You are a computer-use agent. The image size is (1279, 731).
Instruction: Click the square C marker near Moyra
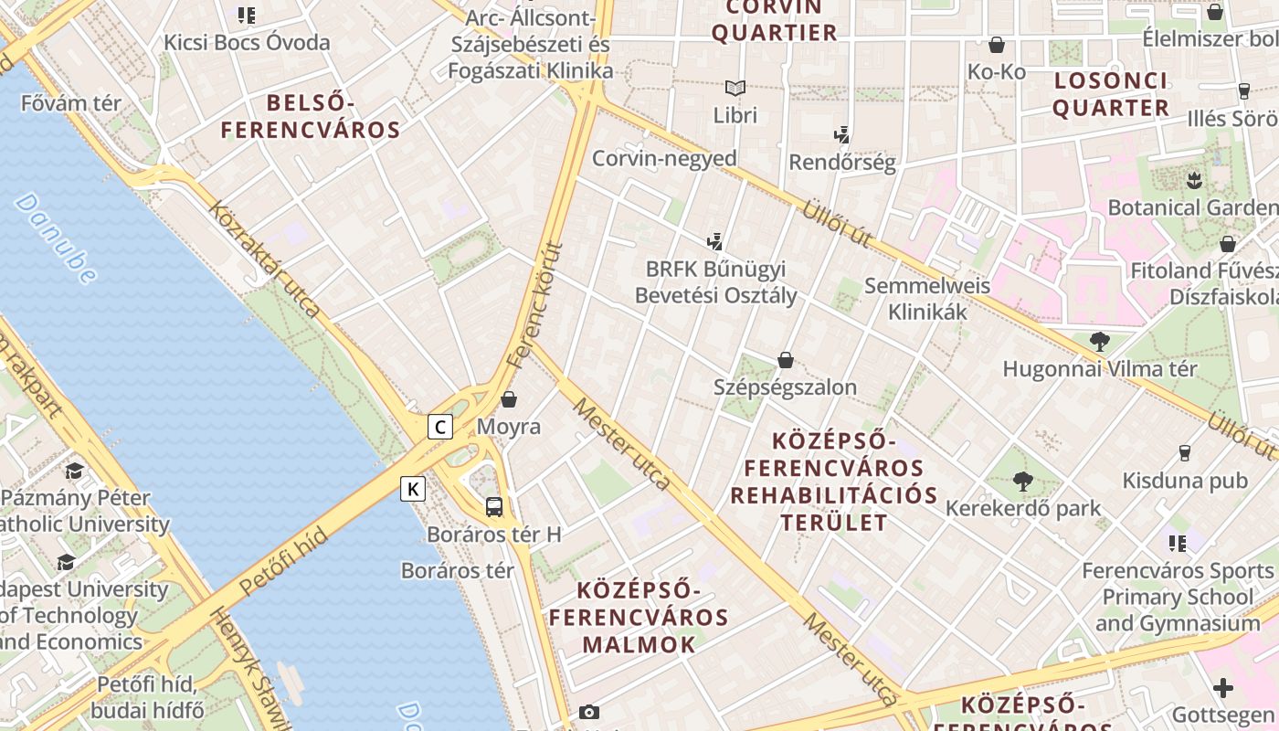click(x=440, y=427)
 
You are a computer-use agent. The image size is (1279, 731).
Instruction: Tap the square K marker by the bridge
click(x=413, y=489)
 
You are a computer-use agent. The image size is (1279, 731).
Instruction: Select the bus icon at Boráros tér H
click(x=494, y=506)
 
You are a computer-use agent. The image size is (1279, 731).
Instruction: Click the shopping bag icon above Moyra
click(x=509, y=399)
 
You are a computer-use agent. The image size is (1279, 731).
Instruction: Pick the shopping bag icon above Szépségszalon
click(x=786, y=360)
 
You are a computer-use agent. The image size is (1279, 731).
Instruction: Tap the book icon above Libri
click(x=735, y=89)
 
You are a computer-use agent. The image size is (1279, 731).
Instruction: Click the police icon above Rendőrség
click(x=841, y=135)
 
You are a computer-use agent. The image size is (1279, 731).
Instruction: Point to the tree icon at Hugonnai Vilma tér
click(x=1100, y=342)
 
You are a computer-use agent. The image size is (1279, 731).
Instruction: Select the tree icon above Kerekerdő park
click(x=1023, y=481)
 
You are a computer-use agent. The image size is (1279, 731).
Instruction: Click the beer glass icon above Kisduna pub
click(x=1185, y=453)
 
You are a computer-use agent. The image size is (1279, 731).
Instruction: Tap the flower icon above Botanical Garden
click(x=1193, y=180)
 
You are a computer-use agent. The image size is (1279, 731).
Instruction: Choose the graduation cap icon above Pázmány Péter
click(x=74, y=471)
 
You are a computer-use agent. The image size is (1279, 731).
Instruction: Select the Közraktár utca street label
click(x=264, y=260)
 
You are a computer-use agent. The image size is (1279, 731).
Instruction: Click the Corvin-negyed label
click(x=664, y=158)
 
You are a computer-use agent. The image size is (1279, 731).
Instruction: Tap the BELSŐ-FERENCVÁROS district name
click(x=311, y=116)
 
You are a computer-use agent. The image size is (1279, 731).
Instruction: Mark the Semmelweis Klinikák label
click(x=927, y=299)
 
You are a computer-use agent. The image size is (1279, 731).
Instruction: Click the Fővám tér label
click(x=71, y=103)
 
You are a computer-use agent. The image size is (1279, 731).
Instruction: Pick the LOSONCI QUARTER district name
click(x=1111, y=94)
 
